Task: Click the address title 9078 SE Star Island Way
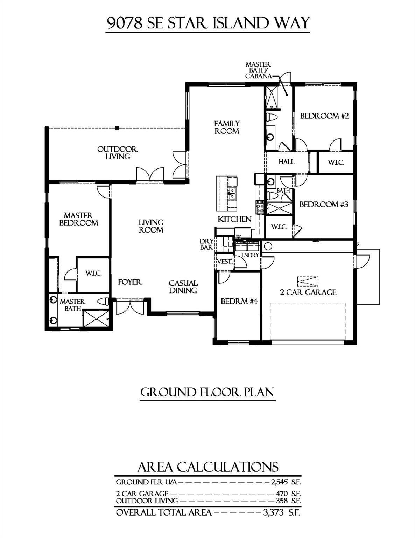click(208, 23)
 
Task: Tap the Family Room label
click(227, 127)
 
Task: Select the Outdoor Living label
click(118, 153)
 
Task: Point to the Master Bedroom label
click(78, 219)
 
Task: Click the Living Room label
click(151, 226)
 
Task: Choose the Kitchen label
click(234, 219)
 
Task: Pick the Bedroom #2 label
click(324, 116)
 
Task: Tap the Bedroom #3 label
click(324, 204)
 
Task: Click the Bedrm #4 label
click(239, 301)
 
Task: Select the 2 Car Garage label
click(308, 292)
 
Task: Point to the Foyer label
click(129, 282)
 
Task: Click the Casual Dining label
click(183, 287)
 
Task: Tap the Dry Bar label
click(206, 244)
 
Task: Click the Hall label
click(286, 162)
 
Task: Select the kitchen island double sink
click(232, 193)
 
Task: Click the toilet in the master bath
click(103, 301)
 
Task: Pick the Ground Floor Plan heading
click(207, 392)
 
